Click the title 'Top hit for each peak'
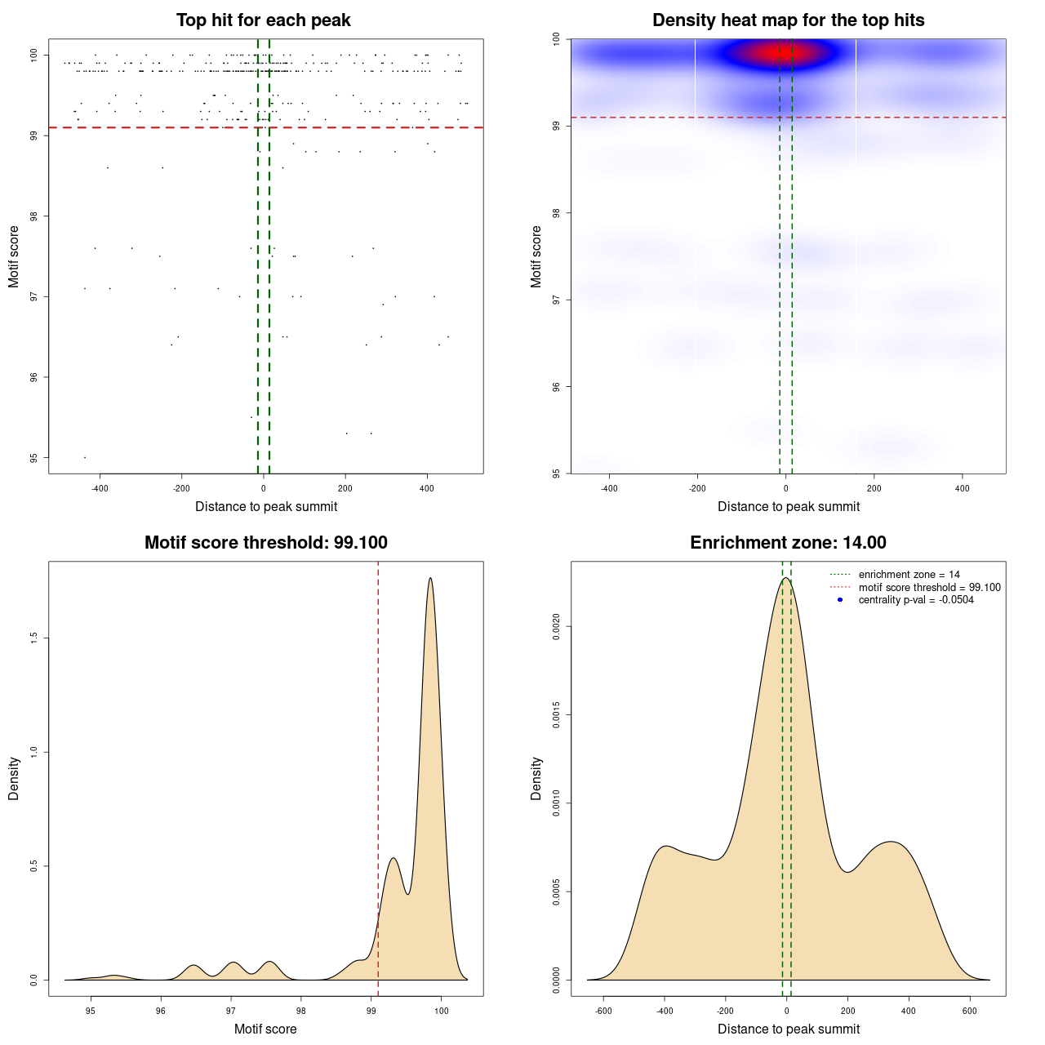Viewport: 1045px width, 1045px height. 263,20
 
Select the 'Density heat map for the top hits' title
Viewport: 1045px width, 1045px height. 788,20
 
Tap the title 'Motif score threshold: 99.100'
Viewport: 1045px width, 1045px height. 265,543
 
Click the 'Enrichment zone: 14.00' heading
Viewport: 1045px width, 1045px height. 788,543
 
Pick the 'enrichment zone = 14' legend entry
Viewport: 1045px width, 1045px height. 909,575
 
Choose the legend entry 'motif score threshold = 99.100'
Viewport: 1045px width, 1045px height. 929,587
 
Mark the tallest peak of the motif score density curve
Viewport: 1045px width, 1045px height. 430,579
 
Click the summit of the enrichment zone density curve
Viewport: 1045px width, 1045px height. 785,579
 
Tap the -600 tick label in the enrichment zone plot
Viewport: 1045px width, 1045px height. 603,1011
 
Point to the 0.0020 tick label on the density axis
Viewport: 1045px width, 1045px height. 557,627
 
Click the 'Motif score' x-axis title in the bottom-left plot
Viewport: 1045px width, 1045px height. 265,1029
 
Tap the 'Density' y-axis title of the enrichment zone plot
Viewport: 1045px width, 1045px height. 536,778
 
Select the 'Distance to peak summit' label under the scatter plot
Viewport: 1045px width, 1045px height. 266,506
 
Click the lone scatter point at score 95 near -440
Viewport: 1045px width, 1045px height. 85,457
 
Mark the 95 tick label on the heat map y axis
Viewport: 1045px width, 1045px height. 557,473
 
